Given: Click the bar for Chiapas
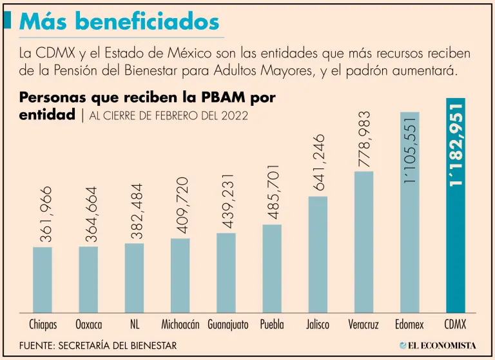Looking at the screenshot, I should pyautogui.click(x=43, y=279).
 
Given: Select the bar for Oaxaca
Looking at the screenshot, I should pyautogui.click(x=88, y=279).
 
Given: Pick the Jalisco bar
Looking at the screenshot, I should pyautogui.click(x=318, y=254).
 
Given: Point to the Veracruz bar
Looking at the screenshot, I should pyautogui.click(x=364, y=242).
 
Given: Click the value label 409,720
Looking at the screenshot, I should pyautogui.click(x=183, y=206).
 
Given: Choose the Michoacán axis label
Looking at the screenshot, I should pyautogui.click(x=180, y=324).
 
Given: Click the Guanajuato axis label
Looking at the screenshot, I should pyautogui.click(x=228, y=324).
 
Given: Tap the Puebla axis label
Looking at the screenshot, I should pyautogui.click(x=272, y=324).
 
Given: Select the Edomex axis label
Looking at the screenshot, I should pyautogui.click(x=409, y=324).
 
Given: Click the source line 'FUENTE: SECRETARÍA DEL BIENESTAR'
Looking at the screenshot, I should pyautogui.click(x=98, y=345).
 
